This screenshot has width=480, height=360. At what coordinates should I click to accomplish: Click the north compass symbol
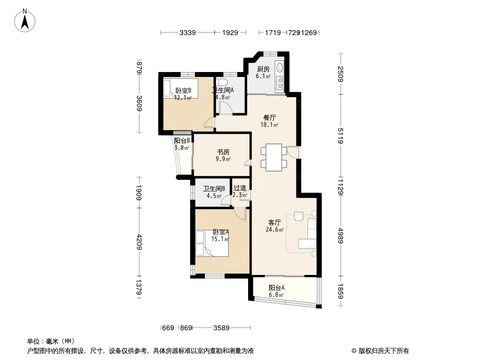tap(26, 20)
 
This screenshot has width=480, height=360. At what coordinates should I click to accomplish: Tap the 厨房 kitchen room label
tap(263, 70)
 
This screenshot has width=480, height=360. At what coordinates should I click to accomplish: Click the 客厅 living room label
tap(275, 223)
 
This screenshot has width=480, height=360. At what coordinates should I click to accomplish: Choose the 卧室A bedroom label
tap(221, 232)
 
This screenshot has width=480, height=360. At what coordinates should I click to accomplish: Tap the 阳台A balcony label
tap(276, 288)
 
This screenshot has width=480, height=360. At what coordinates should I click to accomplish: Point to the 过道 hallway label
tap(240, 188)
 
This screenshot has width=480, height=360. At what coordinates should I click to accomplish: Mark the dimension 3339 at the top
tap(187, 33)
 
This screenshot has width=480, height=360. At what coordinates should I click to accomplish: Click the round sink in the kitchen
tap(280, 68)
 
